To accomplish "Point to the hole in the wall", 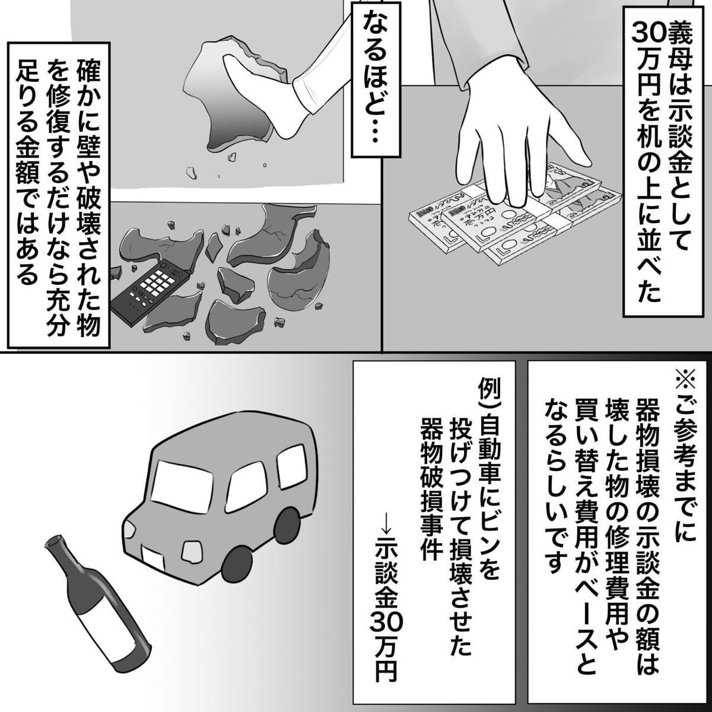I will pos(231,95).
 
